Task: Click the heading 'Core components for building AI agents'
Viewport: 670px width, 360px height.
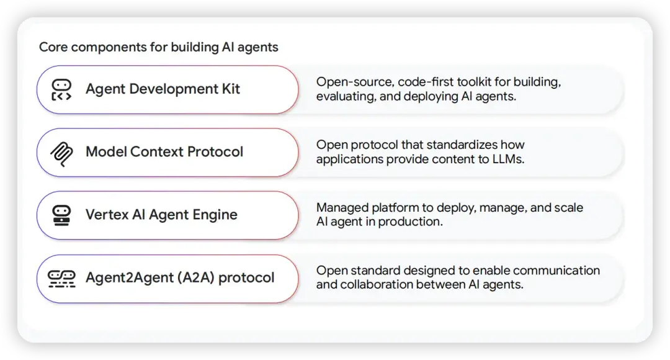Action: click(x=158, y=47)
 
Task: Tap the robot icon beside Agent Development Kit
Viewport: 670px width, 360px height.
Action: click(x=61, y=89)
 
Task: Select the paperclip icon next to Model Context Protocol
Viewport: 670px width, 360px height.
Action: click(x=61, y=152)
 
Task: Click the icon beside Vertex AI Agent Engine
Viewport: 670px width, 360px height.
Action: click(x=61, y=215)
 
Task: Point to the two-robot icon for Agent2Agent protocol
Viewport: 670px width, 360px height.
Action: click(x=61, y=277)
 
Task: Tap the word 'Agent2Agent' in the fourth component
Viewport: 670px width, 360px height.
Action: click(x=128, y=277)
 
